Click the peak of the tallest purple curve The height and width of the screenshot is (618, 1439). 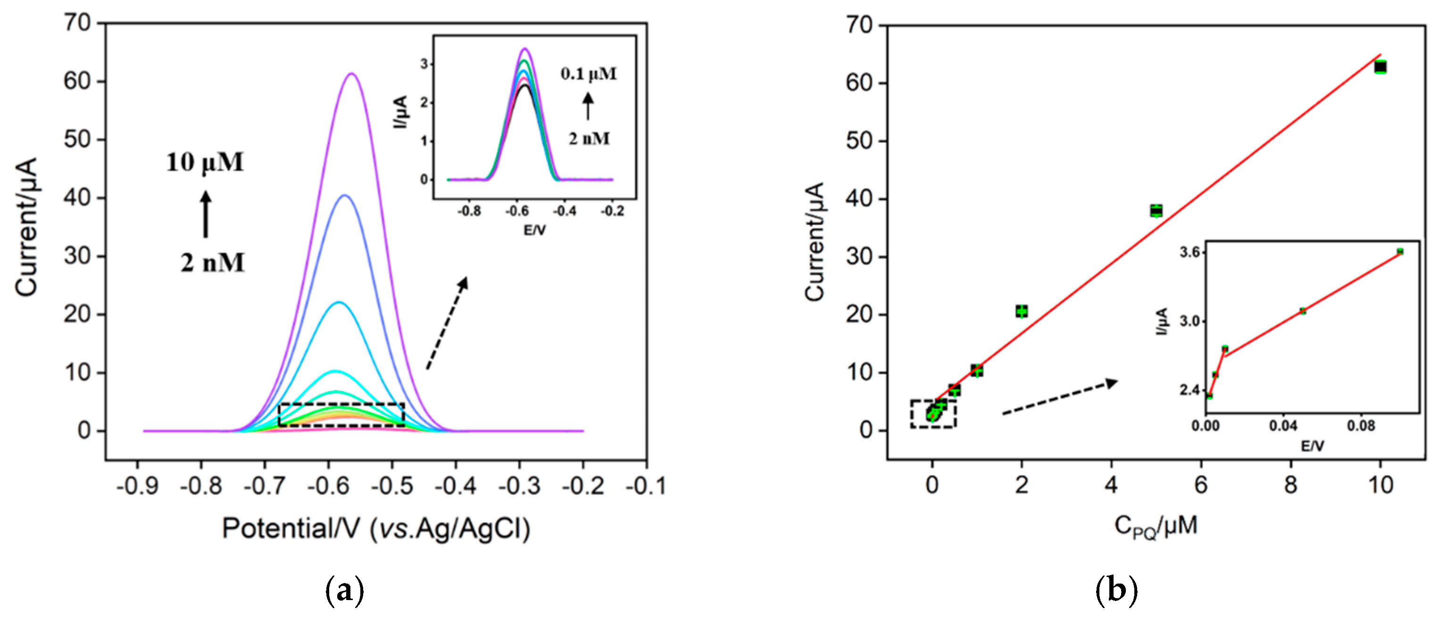pos(351,74)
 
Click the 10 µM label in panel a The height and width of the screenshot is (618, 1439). pos(205,163)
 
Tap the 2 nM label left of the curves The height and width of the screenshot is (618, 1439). pos(212,263)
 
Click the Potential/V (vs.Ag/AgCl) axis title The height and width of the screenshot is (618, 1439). pos(376,528)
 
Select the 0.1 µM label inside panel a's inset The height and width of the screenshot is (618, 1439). pos(589,74)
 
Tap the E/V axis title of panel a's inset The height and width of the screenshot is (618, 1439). pos(534,230)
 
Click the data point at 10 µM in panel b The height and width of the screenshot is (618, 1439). pos(1381,67)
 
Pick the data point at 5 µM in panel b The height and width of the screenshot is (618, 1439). pos(1156,211)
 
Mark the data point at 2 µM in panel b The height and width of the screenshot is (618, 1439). pos(1022,311)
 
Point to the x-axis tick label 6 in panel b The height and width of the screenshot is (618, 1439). pos(1201,484)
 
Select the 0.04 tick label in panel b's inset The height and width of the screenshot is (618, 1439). pos(1282,426)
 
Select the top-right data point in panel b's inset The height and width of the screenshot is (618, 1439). pos(1399,251)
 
